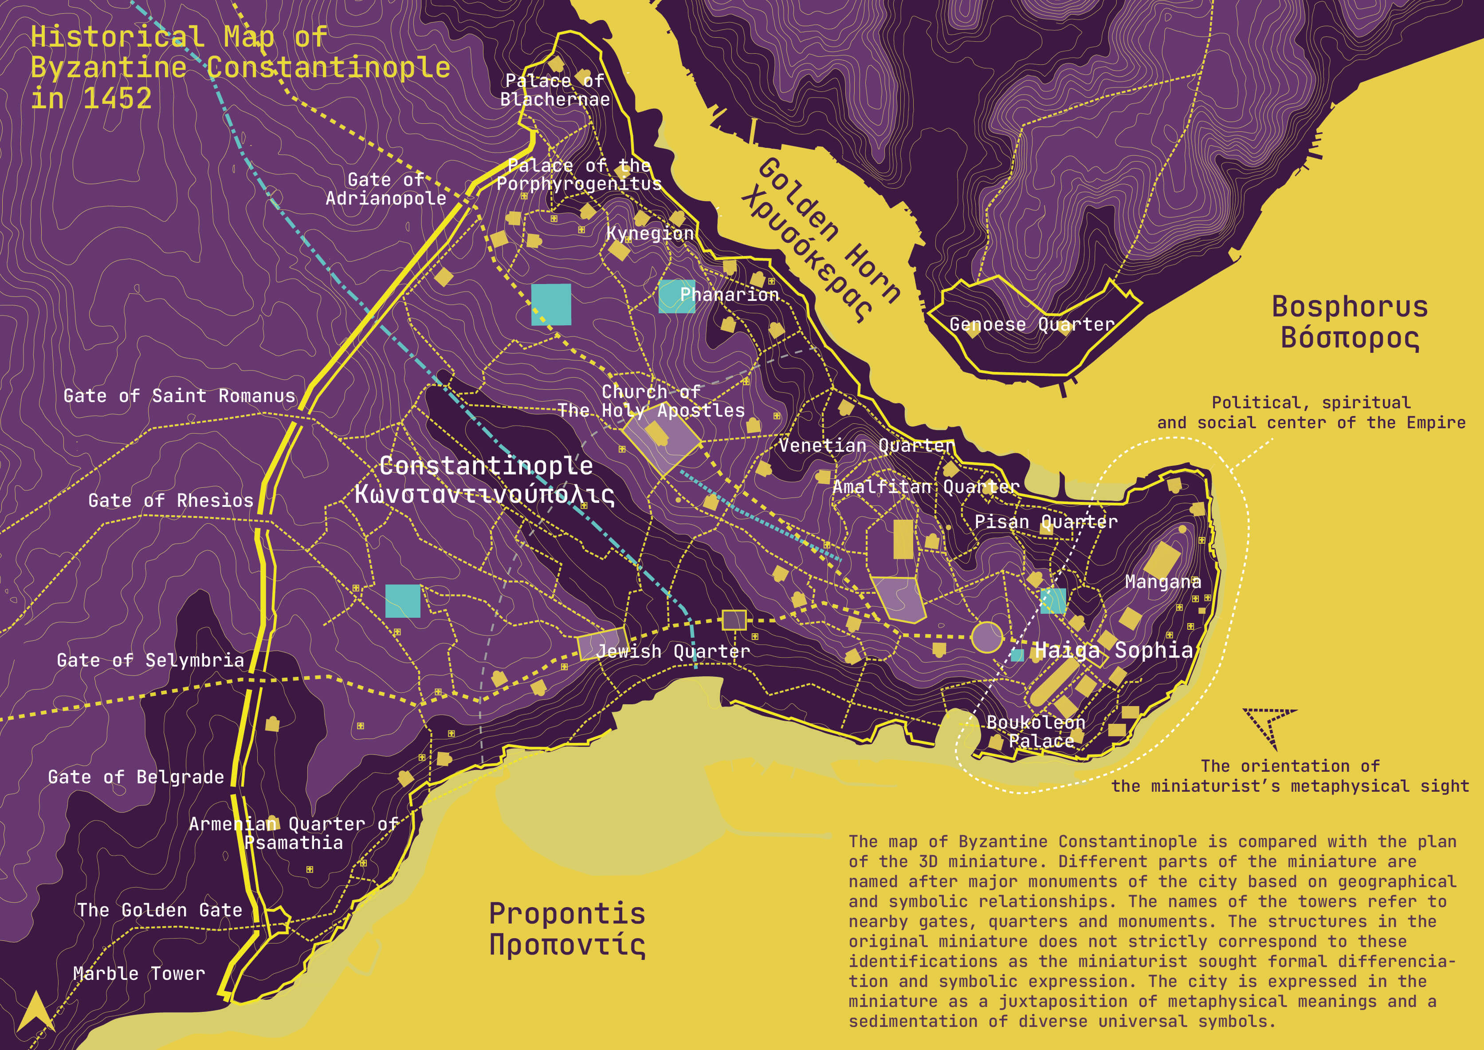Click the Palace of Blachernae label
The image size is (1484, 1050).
(x=554, y=90)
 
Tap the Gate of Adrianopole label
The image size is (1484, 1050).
(x=386, y=189)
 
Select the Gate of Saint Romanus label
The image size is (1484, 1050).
(x=179, y=396)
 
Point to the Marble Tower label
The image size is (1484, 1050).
(x=139, y=973)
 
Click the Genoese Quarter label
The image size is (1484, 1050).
(x=1032, y=324)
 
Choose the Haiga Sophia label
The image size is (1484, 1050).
(x=1113, y=650)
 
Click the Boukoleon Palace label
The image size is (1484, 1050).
(x=1036, y=731)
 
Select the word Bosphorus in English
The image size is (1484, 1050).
(x=1350, y=307)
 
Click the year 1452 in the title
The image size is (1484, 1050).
(x=117, y=98)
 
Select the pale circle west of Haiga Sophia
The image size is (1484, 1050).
(x=986, y=637)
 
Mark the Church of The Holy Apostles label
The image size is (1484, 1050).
(x=651, y=401)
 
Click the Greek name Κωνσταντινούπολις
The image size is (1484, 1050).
(x=484, y=494)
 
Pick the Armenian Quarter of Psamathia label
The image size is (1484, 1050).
(x=294, y=833)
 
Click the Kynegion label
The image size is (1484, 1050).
(x=650, y=233)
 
